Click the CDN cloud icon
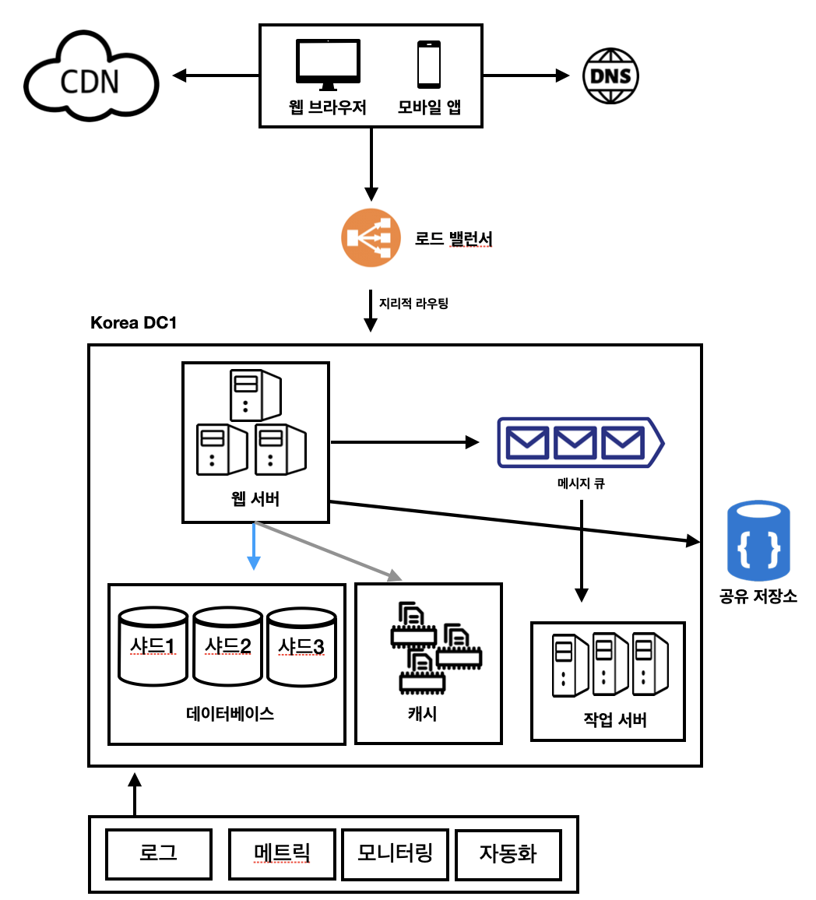click(x=91, y=78)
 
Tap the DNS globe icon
click(x=611, y=76)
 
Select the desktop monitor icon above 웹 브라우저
click(x=328, y=65)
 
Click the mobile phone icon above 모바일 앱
click(x=429, y=65)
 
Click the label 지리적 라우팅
click(x=413, y=303)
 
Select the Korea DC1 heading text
click(x=133, y=322)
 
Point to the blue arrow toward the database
click(x=253, y=547)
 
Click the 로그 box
click(x=159, y=853)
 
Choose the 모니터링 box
click(x=395, y=853)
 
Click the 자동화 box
click(x=508, y=853)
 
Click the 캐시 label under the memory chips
click(x=423, y=713)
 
